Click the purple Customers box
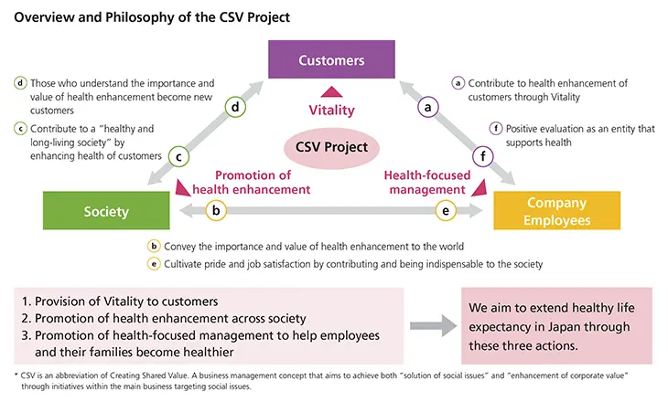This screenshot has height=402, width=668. coord(331,61)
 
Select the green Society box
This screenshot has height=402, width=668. coord(106,211)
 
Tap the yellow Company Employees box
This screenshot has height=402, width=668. coord(556,210)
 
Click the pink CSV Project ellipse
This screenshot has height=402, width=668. coord(330,146)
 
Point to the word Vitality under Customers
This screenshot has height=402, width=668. coord(331,108)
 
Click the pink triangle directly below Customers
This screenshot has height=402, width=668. coord(330,90)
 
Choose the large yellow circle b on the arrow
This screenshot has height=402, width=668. coord(215,212)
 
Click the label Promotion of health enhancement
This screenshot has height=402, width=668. coord(263,182)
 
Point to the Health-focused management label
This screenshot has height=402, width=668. coord(424,182)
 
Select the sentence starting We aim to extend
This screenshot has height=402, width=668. coord(555,326)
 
